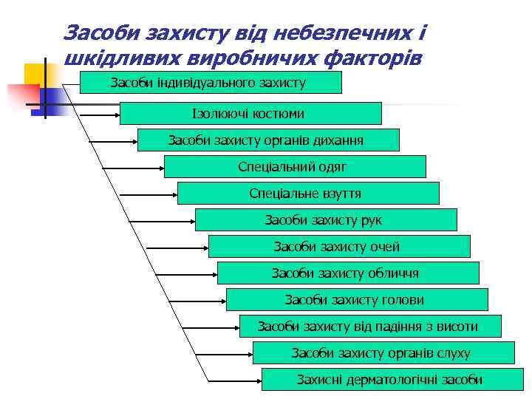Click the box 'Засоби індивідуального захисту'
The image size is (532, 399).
point(211,82)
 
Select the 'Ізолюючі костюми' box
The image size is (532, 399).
point(250,113)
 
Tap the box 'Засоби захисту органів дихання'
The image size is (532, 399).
point(268,140)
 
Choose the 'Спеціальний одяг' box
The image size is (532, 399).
point(295,166)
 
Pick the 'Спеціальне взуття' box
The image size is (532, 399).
point(308,193)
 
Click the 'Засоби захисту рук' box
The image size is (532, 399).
point(326,219)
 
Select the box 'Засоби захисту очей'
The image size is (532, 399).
point(339,246)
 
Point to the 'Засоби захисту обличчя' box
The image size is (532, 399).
point(348,273)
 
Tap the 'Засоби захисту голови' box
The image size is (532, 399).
point(357,299)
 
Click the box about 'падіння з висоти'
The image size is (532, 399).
point(370,326)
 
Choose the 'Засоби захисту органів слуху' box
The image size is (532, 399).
point(383,352)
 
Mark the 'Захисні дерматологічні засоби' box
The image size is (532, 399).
point(389,379)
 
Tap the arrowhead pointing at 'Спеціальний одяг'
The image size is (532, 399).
point(160,167)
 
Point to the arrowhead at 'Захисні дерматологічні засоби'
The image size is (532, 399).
point(259,380)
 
